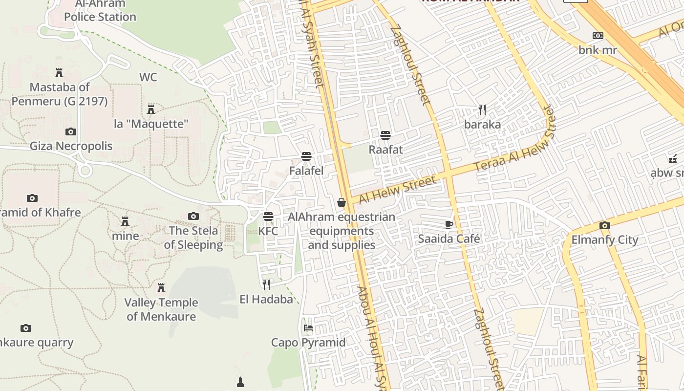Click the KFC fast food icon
tap(268, 216)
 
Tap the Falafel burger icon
tap(306, 156)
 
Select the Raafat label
tap(385, 150)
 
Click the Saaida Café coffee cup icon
tap(449, 224)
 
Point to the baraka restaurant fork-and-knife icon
tap(482, 109)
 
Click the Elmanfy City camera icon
tap(605, 225)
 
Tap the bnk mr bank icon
tap(598, 36)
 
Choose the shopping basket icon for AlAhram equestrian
tap(342, 202)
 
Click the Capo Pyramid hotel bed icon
tap(308, 327)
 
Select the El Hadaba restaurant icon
tap(266, 284)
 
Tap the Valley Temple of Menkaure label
tap(161, 309)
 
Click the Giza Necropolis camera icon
tap(71, 131)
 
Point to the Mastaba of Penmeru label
tap(60, 94)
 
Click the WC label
tap(148, 77)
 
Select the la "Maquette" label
tap(151, 124)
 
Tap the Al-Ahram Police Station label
tap(100, 10)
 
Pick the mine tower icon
tap(125, 221)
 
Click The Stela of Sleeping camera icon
tap(193, 216)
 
